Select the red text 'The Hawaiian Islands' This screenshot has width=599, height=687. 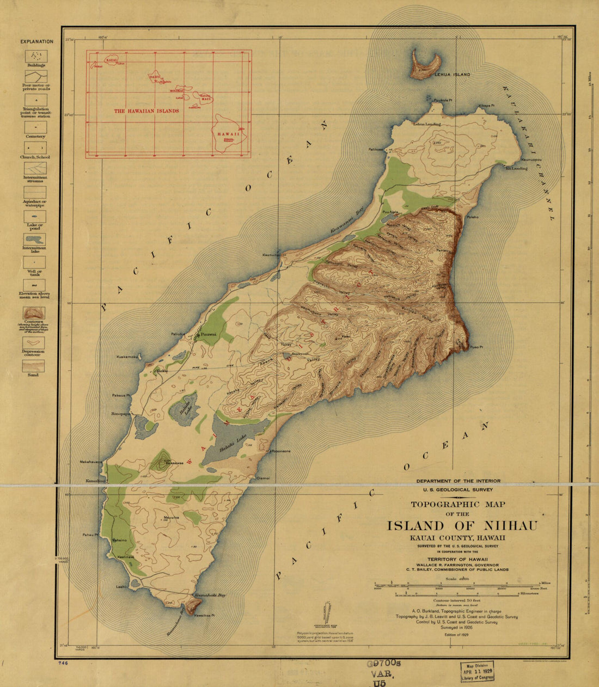(146, 111)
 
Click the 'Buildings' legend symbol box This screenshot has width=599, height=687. (35, 56)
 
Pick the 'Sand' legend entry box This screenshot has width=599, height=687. (33, 366)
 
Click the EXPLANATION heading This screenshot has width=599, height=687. (36, 41)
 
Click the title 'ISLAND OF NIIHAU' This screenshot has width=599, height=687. (462, 526)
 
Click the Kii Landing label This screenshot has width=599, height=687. (516, 168)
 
